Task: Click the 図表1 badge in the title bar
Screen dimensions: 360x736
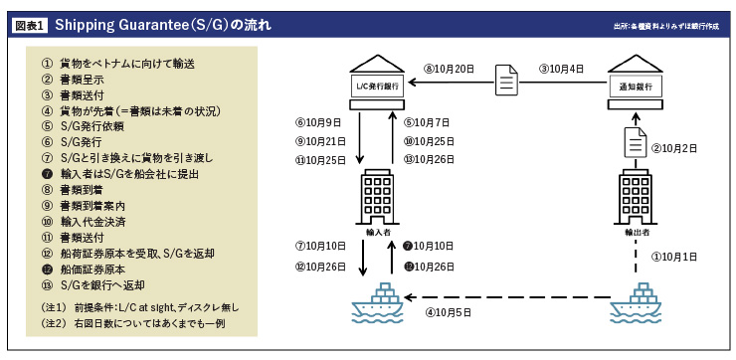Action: pyautogui.click(x=29, y=22)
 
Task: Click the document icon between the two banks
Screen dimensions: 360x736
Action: pyautogui.click(x=506, y=79)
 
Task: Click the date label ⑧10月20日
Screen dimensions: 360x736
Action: pyautogui.click(x=449, y=69)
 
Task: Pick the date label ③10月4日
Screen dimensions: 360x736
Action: pyautogui.click(x=563, y=69)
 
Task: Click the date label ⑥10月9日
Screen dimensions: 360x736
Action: pyautogui.click(x=318, y=122)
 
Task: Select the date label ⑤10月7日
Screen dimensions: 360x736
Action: pyautogui.click(x=427, y=122)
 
